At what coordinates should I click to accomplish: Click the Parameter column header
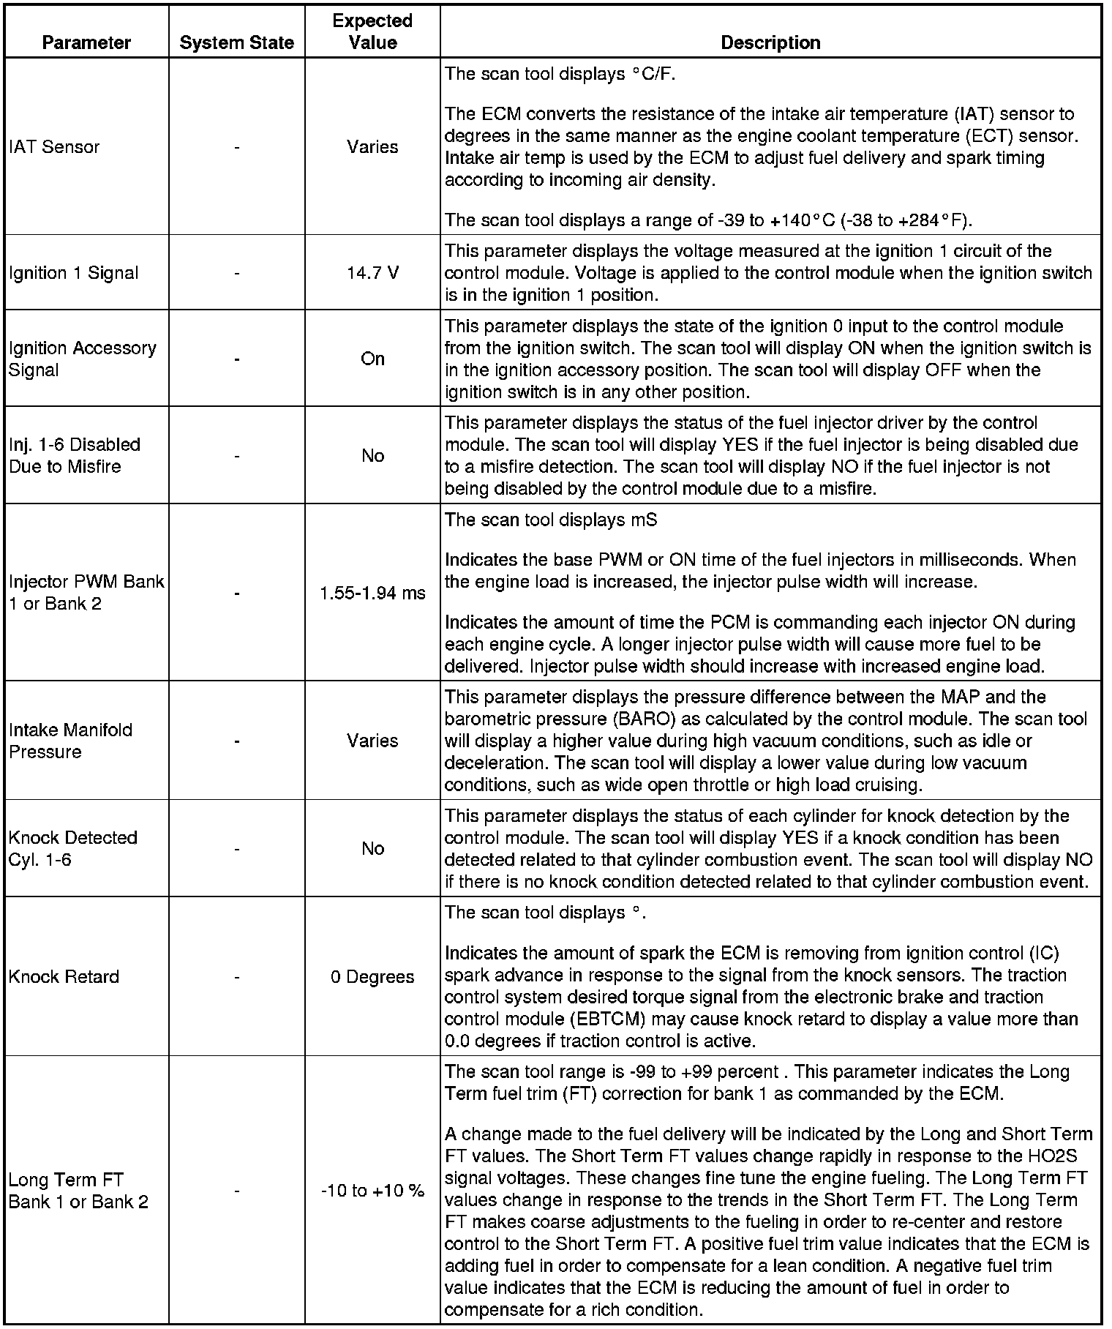(x=86, y=42)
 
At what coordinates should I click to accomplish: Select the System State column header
(x=236, y=42)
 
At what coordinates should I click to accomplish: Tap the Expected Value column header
(x=372, y=31)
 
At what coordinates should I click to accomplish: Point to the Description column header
(x=770, y=42)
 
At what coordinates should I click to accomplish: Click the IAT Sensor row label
(x=54, y=147)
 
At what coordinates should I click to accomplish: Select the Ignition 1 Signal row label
(x=73, y=273)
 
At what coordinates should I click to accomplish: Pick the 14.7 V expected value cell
(x=372, y=273)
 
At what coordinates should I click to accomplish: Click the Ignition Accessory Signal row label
(x=82, y=359)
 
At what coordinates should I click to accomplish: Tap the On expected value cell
(x=372, y=359)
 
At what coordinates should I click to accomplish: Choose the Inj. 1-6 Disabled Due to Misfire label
(x=74, y=455)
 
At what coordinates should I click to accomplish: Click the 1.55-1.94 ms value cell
(x=372, y=593)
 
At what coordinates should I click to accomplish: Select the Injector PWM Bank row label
(x=86, y=593)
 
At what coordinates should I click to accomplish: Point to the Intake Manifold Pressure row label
(x=70, y=741)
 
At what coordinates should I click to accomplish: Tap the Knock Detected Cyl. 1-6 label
(x=72, y=848)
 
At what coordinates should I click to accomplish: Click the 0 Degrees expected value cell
(x=372, y=977)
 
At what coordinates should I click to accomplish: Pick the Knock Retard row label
(x=64, y=977)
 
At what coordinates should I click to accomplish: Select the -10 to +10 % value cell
(x=372, y=1191)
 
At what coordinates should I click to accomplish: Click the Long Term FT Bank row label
(x=78, y=1191)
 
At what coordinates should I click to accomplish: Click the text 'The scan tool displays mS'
(x=551, y=520)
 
